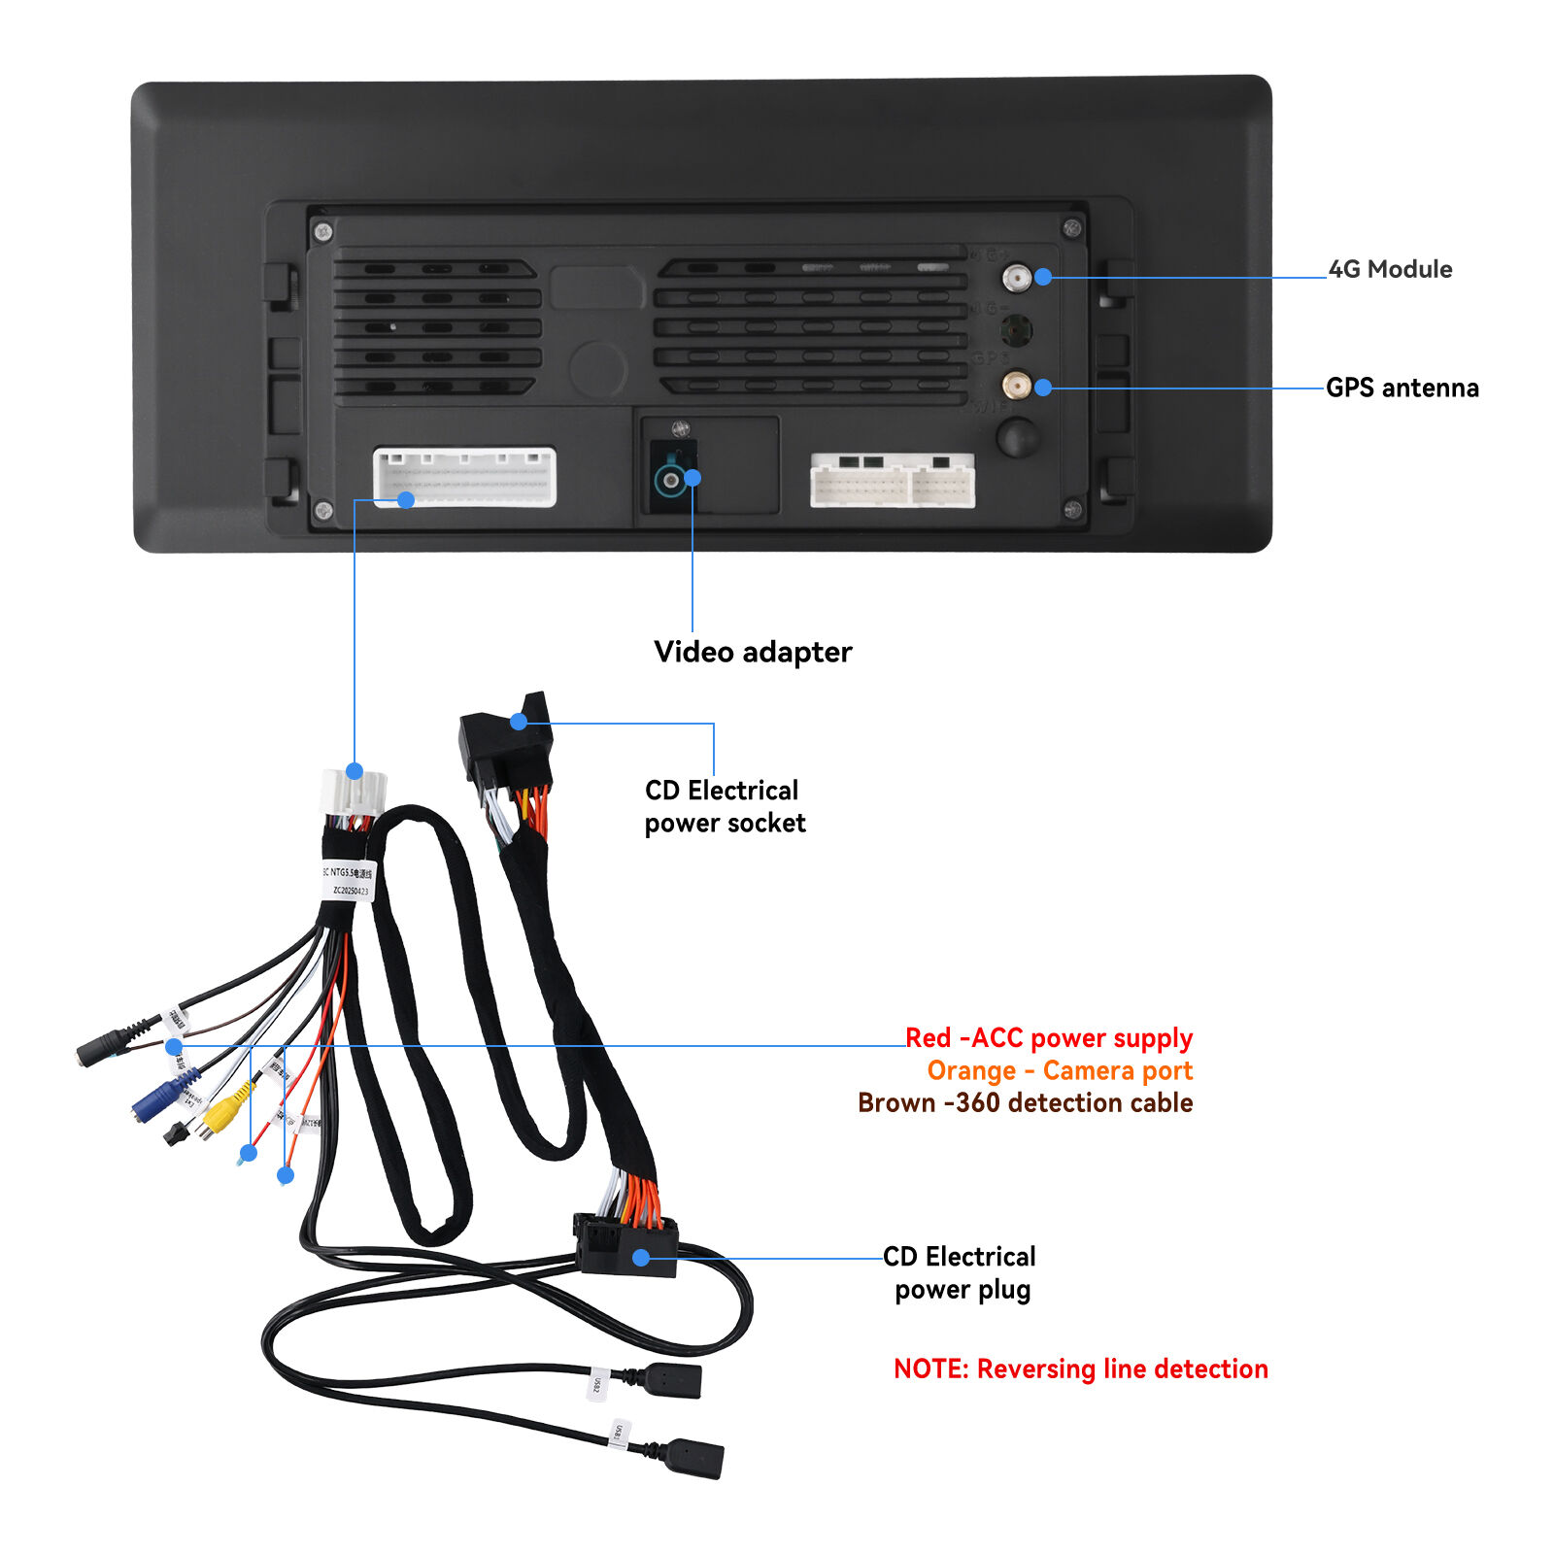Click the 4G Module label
pyautogui.click(x=1390, y=270)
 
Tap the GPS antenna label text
pyautogui.click(x=1402, y=388)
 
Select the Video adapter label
pyautogui.click(x=753, y=652)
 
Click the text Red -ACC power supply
pyautogui.click(x=1049, y=1038)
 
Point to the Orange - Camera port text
pyautogui.click(x=1060, y=1071)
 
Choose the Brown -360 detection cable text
pyautogui.click(x=1025, y=1103)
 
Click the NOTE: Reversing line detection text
pyautogui.click(x=1080, y=1369)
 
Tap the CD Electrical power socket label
pyautogui.click(x=725, y=807)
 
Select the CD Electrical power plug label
pyautogui.click(x=960, y=1273)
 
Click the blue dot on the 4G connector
pyautogui.click(x=1043, y=277)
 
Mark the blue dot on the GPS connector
pyautogui.click(x=1043, y=388)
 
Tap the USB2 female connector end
pyautogui.click(x=672, y=1380)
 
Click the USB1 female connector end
pyautogui.click(x=694, y=1458)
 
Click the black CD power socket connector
pyautogui.click(x=505, y=743)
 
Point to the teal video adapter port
pyautogui.click(x=669, y=480)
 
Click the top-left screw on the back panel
pyautogui.click(x=323, y=232)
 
